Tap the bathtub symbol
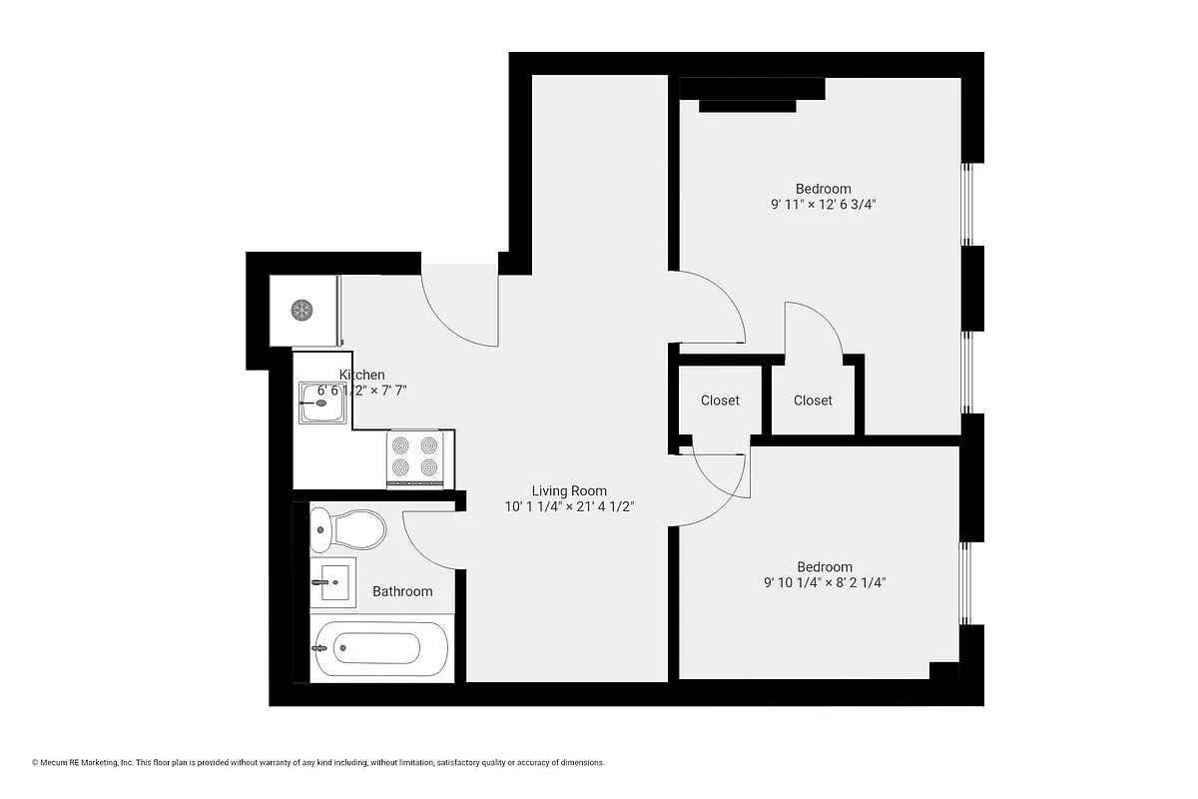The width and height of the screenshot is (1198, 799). tap(380, 648)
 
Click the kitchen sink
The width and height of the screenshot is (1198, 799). tap(322, 404)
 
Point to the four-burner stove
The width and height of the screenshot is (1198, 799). tap(414, 455)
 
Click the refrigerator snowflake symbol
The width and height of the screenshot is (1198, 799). tap(301, 310)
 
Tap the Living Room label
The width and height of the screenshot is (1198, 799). tap(569, 490)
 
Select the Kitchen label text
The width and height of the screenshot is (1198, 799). tap(361, 375)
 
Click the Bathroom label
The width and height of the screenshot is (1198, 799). tap(402, 591)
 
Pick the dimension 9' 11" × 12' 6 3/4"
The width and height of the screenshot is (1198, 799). tap(823, 205)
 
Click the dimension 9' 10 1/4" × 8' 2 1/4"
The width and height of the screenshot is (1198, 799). tap(824, 582)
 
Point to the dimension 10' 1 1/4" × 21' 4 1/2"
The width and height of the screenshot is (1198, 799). tap(569, 506)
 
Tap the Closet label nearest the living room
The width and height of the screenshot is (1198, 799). tap(720, 400)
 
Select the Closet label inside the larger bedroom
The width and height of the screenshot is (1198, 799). tap(813, 400)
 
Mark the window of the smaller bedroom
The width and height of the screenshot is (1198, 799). tap(964, 583)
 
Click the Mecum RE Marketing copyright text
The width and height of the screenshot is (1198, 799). tap(318, 763)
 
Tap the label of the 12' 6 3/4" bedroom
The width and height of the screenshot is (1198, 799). tap(823, 189)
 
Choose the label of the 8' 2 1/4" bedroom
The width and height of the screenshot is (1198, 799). tap(824, 566)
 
